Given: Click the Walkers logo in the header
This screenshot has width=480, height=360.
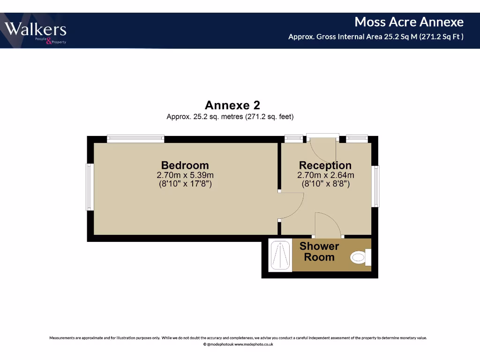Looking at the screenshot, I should tap(36, 31).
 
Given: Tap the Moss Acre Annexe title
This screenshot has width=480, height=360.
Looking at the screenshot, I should tap(409, 22).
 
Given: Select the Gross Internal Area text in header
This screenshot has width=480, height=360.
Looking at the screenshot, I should tap(375, 37).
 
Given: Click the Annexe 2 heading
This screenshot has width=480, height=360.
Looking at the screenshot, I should tap(232, 105).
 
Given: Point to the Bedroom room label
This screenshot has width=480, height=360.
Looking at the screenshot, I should tap(185, 165).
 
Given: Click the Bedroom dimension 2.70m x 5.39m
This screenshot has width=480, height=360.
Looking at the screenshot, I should tap(185, 175).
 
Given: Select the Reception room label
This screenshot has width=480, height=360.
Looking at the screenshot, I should tap(325, 165).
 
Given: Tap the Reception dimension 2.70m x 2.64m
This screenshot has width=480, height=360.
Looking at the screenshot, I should tap(325, 175).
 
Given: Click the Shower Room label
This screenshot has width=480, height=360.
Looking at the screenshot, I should tap(319, 252).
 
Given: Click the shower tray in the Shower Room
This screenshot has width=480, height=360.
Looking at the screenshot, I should tap(280, 255).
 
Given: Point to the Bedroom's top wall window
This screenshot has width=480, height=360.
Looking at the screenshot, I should tap(135, 138).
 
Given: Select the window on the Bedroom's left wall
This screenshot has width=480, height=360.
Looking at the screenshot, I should tap(90, 187).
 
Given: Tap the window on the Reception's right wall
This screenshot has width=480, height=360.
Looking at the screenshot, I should tap(375, 187).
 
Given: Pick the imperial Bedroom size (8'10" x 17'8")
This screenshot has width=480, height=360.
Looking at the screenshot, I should tap(185, 184).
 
